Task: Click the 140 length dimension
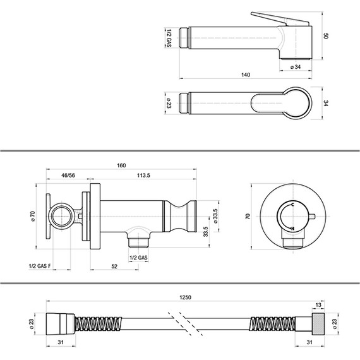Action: pos(246,75)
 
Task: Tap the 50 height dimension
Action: pos(326,36)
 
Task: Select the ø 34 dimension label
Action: pos(296,67)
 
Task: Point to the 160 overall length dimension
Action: pos(121,165)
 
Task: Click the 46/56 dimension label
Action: pos(68,176)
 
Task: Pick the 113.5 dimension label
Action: pos(143,176)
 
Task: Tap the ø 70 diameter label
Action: pos(33,216)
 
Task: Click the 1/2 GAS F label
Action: pos(40,266)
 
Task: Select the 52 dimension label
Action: pos(114,267)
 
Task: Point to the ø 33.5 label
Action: pos(215,216)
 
